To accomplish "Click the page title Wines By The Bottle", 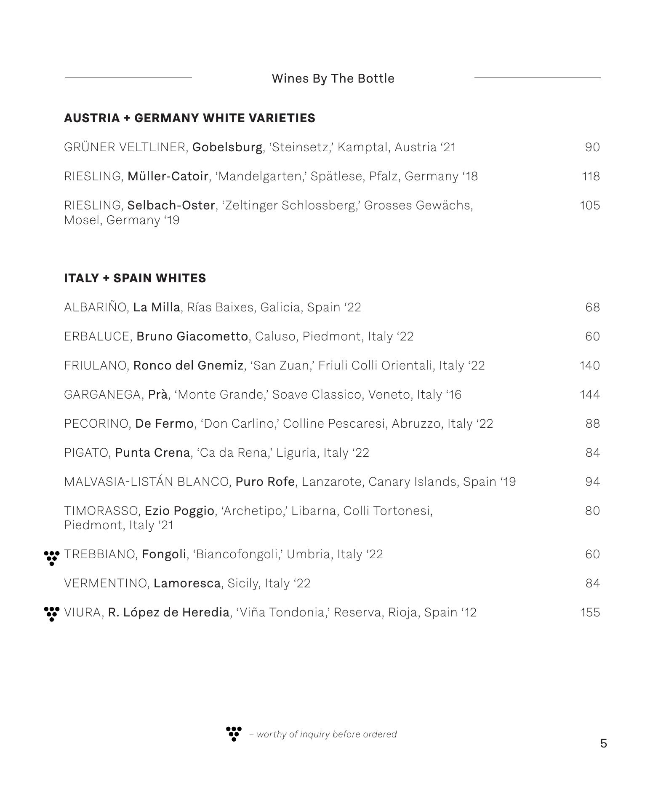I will point(333,78).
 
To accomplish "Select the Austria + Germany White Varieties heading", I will point(189,118).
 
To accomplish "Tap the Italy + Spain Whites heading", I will point(135,278).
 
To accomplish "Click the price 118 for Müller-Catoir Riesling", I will point(591,176).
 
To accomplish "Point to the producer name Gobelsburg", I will point(227,147).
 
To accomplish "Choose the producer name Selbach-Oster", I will point(171,205).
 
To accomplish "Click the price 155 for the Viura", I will point(590,612).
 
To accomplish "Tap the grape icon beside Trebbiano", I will point(52,557).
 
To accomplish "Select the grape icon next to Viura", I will point(52,613).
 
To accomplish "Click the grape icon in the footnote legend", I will point(234,734).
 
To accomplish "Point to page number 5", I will point(604,744).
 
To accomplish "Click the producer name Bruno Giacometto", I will point(192,336).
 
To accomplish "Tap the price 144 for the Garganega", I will point(589,394).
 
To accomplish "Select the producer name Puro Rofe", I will point(265,482).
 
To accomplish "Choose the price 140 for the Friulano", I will point(589,365).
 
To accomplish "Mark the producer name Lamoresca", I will point(187,583).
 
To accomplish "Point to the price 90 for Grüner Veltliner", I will point(592,147).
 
